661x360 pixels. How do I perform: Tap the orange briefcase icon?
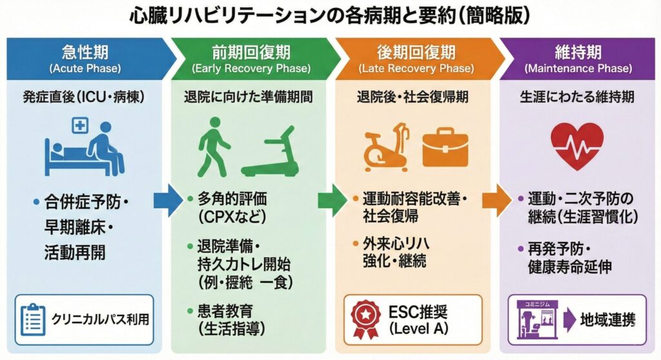445,146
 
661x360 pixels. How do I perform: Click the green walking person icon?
213,148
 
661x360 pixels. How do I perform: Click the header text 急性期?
85,52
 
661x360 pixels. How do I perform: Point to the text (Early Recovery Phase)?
251,68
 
